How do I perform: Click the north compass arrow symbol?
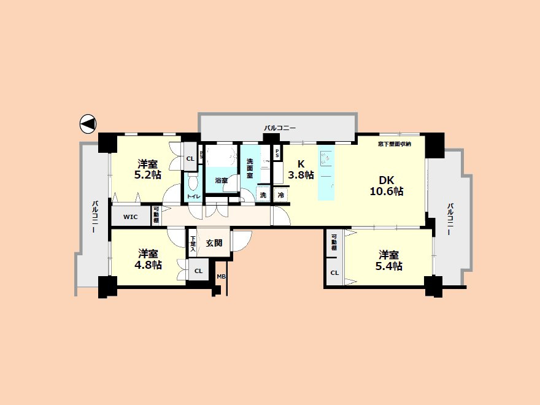click(88, 124)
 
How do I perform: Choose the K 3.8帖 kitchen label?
click(301, 169)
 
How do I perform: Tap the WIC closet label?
click(130, 217)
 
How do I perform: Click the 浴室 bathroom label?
click(221, 180)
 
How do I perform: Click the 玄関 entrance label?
click(214, 242)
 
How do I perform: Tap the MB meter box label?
click(221, 277)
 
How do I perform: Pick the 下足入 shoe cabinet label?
click(193, 242)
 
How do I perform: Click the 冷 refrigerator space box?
click(280, 195)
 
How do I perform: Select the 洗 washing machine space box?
click(263, 195)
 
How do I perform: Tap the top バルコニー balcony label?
click(280, 128)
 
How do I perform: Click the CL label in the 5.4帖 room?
click(334, 273)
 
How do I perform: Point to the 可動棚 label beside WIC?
click(156, 216)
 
